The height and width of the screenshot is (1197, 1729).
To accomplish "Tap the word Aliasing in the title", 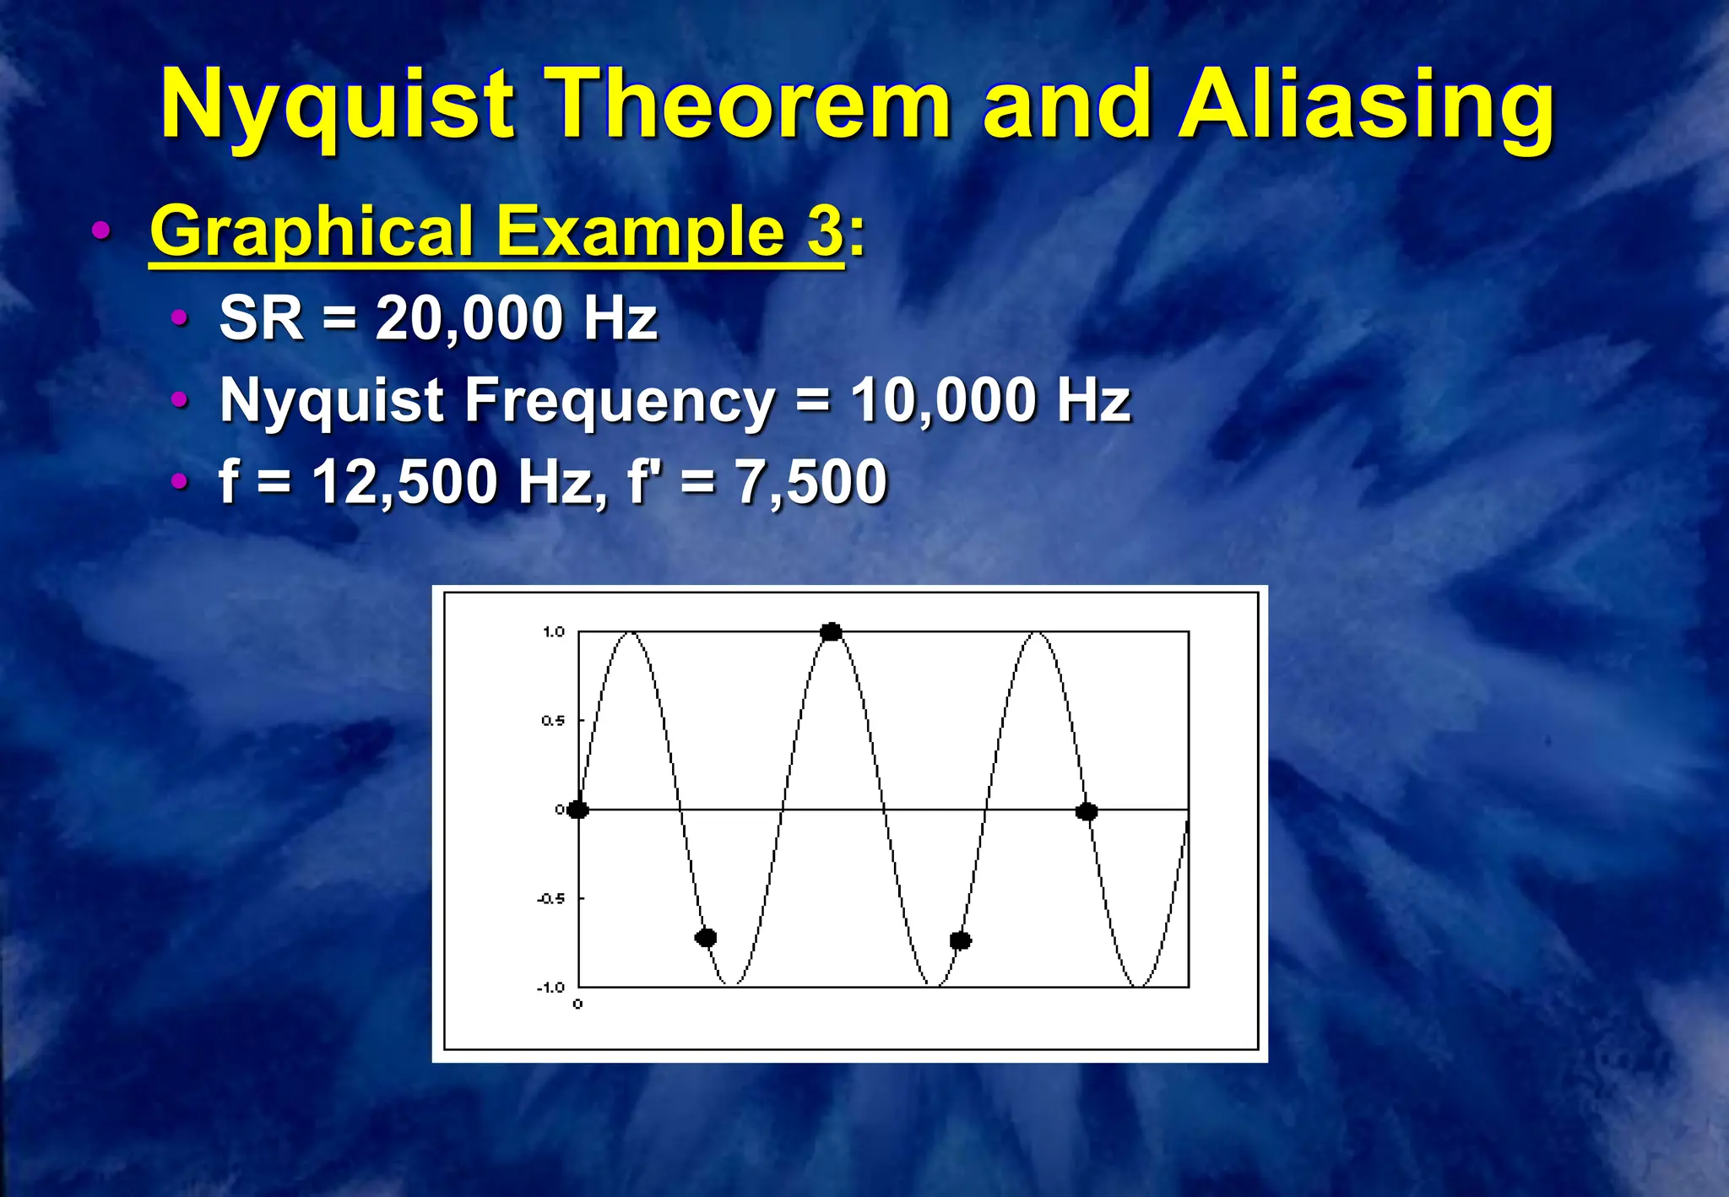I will click(1365, 106).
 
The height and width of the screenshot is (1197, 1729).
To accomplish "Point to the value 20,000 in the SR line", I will click(469, 319).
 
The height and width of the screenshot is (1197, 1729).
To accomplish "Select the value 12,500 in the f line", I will click(404, 482).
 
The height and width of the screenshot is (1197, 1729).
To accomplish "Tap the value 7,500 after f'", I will click(811, 482).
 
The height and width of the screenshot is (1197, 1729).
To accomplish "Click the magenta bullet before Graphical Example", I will click(100, 230).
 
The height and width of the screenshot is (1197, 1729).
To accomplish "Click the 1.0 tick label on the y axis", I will click(554, 631).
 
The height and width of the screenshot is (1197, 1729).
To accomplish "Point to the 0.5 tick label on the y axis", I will click(553, 720).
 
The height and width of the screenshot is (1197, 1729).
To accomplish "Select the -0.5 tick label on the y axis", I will click(551, 898).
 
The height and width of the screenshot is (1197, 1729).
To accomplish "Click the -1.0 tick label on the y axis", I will click(551, 988).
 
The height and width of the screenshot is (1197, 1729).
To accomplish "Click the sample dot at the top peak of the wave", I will click(832, 632).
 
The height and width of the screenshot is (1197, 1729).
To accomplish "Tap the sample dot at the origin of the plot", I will click(577, 810).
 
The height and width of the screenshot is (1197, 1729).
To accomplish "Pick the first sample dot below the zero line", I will click(706, 937).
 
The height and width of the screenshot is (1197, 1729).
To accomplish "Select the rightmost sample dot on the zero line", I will click(1087, 811).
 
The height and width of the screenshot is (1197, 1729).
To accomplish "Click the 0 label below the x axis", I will click(577, 1004).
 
